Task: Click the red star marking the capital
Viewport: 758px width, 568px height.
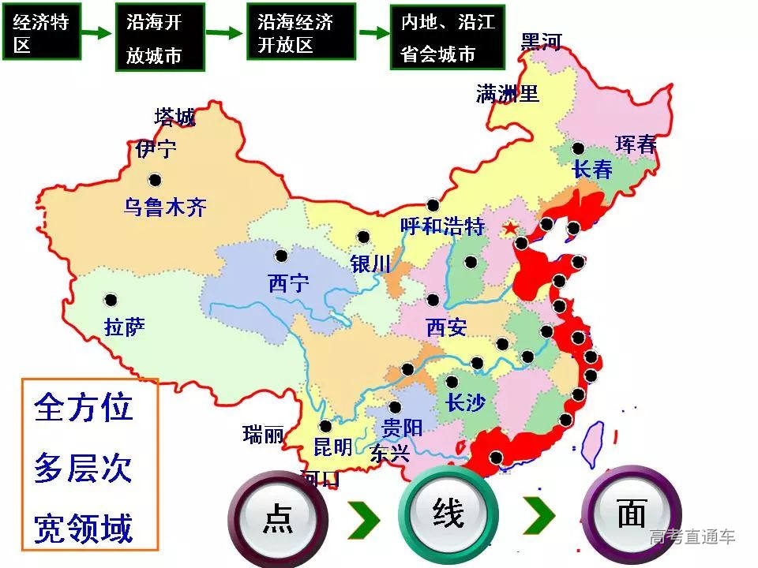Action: point(511,229)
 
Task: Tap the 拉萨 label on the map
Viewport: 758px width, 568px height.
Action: point(125,326)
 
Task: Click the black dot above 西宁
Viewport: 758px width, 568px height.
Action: point(281,256)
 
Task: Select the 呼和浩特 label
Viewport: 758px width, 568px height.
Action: point(441,227)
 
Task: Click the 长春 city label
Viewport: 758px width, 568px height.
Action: point(592,170)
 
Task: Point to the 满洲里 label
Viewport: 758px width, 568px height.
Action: point(507,95)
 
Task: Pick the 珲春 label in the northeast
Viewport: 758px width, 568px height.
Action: point(636,144)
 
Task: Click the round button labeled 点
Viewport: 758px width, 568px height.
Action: point(278,517)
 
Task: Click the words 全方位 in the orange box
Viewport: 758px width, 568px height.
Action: point(83,409)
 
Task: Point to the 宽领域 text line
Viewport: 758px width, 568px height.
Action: point(83,528)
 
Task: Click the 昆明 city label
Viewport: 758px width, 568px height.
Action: point(332,447)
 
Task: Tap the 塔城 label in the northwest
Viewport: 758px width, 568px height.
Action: point(174,118)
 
